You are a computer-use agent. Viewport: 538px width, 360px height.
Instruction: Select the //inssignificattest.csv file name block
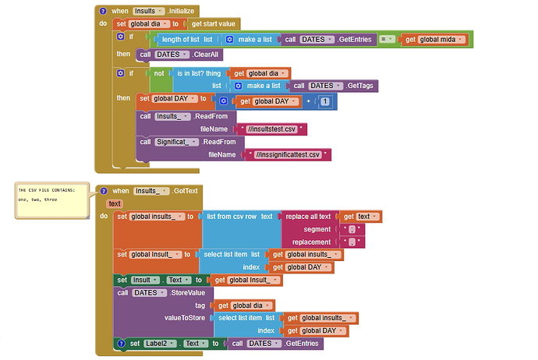pyautogui.click(x=288, y=155)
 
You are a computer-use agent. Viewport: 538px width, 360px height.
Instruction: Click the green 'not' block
pyautogui.click(x=159, y=73)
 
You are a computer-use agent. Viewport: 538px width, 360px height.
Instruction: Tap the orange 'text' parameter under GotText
pyautogui.click(x=114, y=203)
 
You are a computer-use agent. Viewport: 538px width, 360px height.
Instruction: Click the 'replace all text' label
pyautogui.click(x=310, y=217)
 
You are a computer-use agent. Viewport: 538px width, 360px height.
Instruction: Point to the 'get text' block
pyautogui.click(x=361, y=217)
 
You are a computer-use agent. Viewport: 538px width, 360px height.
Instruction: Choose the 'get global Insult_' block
pyautogui.click(x=247, y=280)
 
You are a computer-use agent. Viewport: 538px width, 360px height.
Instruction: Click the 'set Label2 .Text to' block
pyautogui.click(x=168, y=343)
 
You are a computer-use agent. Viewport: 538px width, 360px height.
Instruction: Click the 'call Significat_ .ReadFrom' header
pyautogui.click(x=177, y=142)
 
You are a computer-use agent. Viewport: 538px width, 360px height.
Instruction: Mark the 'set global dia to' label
pyautogui.click(x=148, y=24)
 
